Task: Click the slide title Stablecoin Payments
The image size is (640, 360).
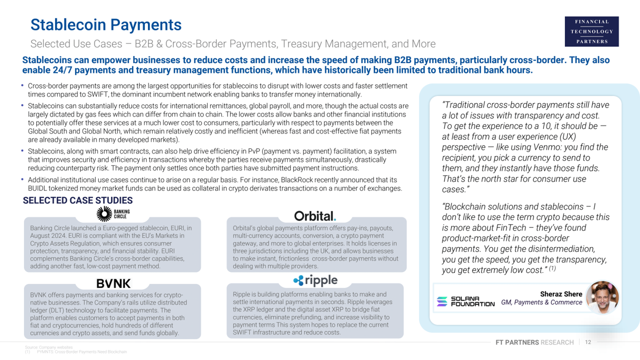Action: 105,24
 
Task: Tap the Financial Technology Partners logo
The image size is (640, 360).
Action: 591,31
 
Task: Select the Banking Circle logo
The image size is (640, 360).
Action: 113,214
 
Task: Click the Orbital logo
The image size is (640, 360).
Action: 315,216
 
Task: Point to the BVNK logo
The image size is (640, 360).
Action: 113,283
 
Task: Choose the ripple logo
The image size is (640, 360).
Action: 315,280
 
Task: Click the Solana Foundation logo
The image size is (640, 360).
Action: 465,301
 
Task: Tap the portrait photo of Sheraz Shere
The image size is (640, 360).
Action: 602,297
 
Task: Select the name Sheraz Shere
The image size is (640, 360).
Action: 561,294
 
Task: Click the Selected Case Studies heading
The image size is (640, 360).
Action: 77,201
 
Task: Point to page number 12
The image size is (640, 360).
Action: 587,342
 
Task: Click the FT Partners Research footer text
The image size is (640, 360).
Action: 534,342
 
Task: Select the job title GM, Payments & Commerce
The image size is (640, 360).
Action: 541,302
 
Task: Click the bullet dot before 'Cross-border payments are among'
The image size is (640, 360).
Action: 22,86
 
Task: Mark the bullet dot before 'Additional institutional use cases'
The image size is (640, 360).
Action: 22,179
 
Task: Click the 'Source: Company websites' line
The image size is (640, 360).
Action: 48,347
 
